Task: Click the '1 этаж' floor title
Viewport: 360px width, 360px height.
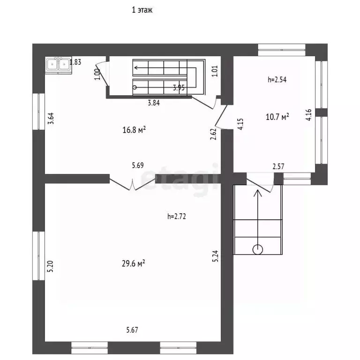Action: pos(142,10)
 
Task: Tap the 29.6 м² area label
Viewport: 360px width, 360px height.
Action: pos(134,263)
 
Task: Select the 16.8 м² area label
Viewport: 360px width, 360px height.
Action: pos(134,130)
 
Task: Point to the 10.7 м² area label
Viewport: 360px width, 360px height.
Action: pos(277,117)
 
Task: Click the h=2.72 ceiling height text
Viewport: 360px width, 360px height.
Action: pos(177,216)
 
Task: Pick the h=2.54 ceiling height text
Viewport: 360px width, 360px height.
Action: pos(277,80)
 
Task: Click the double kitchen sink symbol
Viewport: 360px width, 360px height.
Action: pos(58,65)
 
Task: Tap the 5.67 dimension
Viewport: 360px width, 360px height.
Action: pos(132,330)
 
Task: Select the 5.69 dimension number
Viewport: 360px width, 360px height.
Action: pos(138,165)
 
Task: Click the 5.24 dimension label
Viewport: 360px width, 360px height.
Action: pos(215,256)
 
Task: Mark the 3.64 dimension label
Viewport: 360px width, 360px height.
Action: pos(51,119)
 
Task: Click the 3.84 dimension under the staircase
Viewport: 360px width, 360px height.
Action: pos(154,103)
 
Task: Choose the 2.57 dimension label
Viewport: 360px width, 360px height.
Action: pos(278,166)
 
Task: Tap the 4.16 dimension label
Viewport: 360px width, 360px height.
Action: pos(308,115)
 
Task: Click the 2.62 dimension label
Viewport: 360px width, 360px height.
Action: pos(213,134)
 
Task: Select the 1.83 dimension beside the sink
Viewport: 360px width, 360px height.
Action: pos(75,62)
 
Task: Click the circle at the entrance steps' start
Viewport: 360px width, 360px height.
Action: pos(258,249)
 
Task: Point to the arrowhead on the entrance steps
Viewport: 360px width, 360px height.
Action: pos(258,193)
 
